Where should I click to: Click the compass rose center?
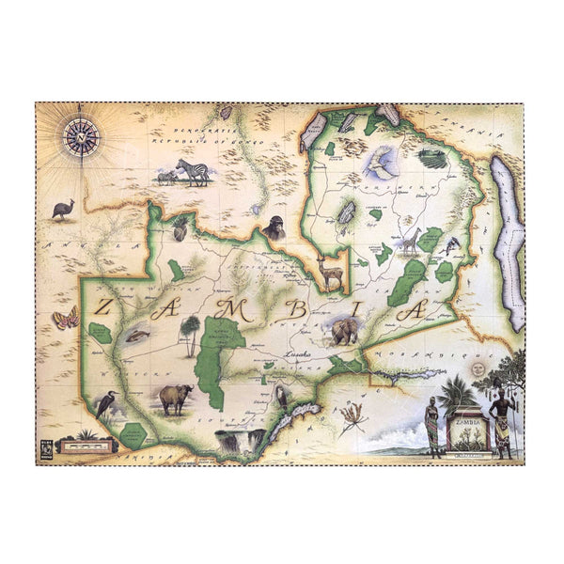click(x=81, y=137)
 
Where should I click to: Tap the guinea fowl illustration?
click(x=63, y=209)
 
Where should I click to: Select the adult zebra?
click(x=194, y=172)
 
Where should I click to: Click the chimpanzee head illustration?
click(x=274, y=227)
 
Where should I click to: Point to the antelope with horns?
click(x=329, y=272)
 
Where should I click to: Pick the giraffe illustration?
click(x=411, y=241)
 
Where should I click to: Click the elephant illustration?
click(x=345, y=329)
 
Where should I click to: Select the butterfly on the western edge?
click(x=65, y=319)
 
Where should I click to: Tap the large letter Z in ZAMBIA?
click(x=105, y=305)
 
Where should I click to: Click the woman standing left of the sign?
click(x=431, y=426)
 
